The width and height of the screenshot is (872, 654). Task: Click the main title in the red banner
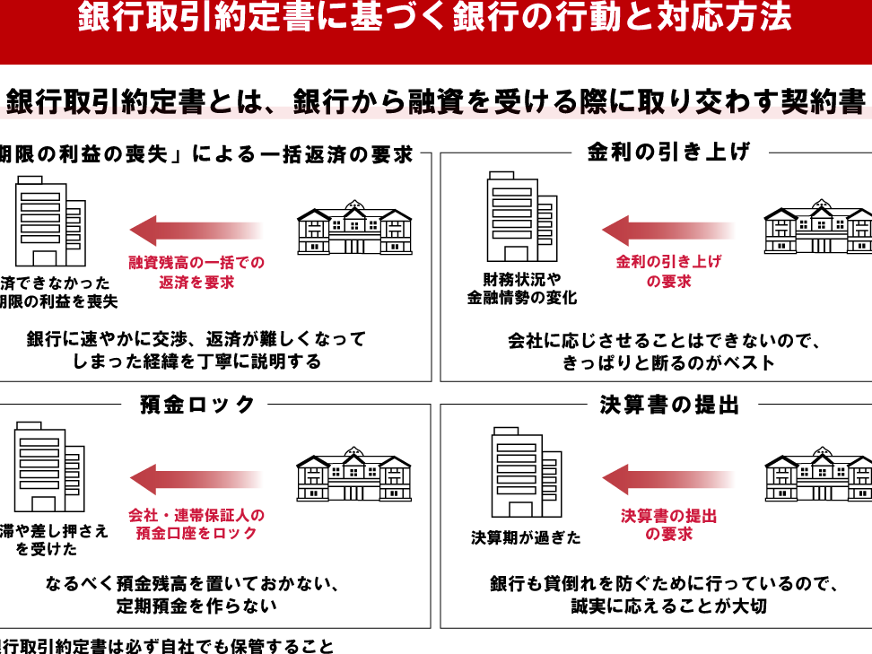click(436, 19)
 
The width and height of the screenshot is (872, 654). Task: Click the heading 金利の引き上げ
click(668, 153)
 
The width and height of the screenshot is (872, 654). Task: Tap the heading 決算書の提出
click(669, 405)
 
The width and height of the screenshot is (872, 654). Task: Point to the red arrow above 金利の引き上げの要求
click(667, 231)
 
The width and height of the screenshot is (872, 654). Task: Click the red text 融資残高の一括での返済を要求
click(196, 272)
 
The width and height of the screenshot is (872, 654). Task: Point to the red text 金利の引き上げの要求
click(668, 271)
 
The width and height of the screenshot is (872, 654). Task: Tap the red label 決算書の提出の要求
click(668, 525)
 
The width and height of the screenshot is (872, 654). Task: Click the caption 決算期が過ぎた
click(526, 538)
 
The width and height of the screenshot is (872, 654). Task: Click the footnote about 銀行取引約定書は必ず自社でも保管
click(167, 646)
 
